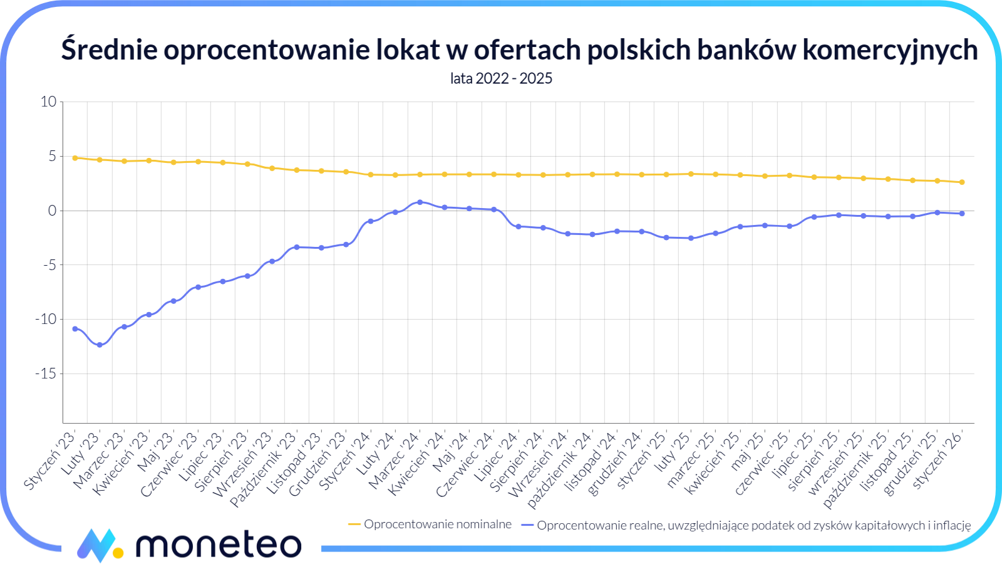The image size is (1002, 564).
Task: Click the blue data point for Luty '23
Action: [x=100, y=345]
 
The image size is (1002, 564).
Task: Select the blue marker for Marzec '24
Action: [x=420, y=202]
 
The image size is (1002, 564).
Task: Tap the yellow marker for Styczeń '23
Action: [x=75, y=158]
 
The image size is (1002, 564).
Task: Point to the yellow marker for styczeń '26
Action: [x=962, y=182]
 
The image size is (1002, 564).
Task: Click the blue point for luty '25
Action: [x=691, y=238]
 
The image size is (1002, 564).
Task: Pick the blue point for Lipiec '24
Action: [x=519, y=226]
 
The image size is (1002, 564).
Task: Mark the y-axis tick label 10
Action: [x=48, y=102]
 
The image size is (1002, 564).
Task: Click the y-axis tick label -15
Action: [x=45, y=373]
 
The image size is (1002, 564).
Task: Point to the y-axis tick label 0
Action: [x=52, y=211]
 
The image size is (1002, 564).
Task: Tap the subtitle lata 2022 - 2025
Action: [x=501, y=78]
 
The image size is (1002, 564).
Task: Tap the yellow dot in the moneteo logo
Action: [x=118, y=553]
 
